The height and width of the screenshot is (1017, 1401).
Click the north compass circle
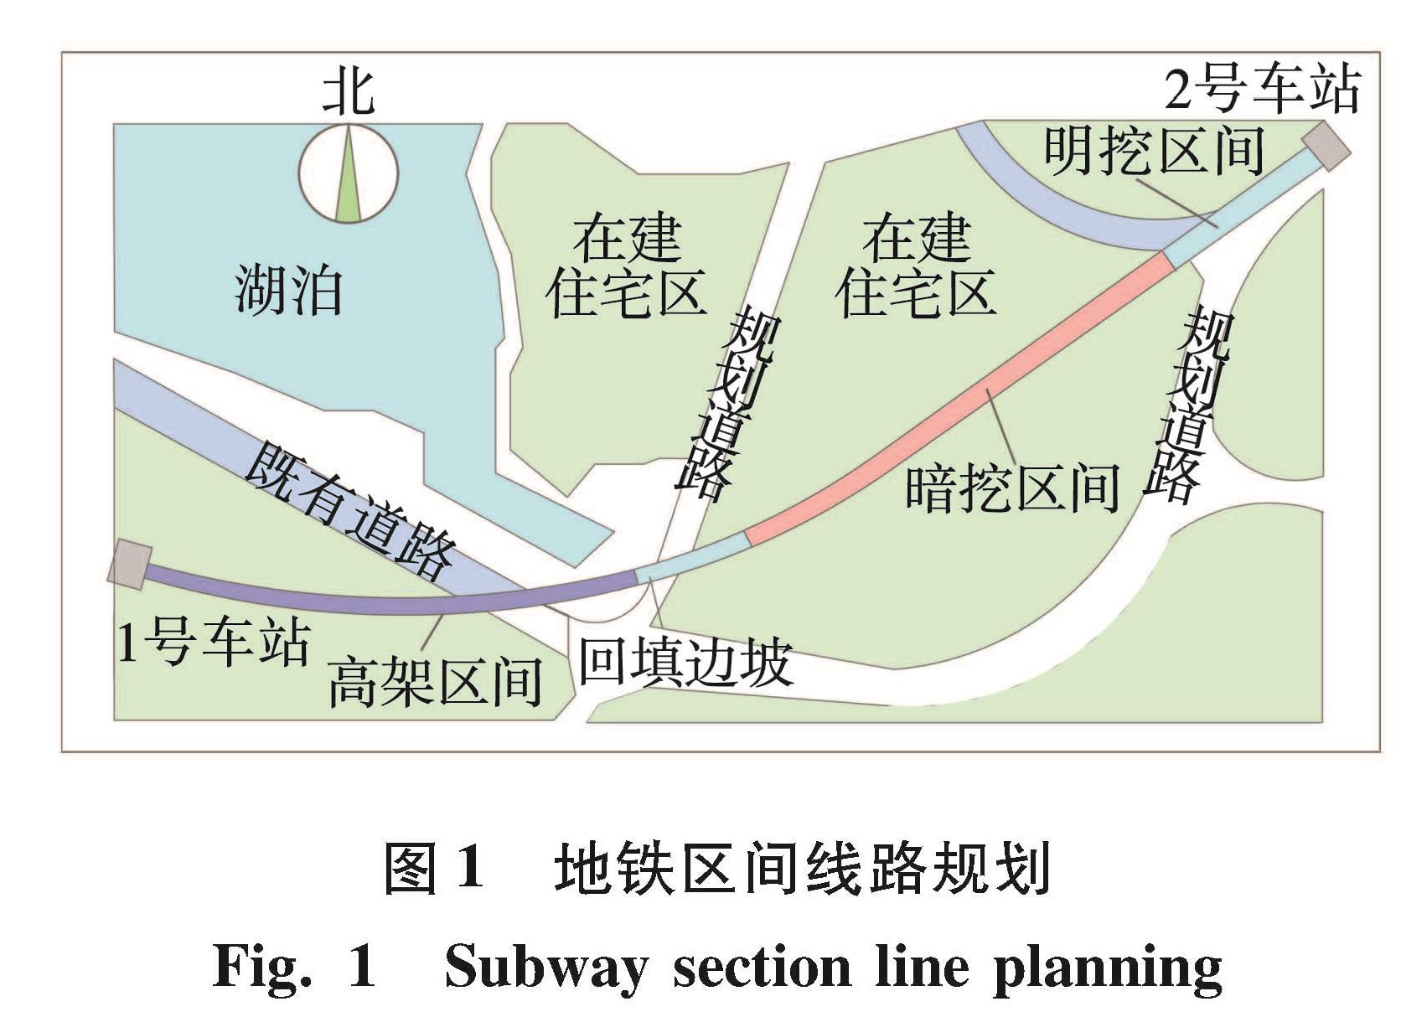click(349, 173)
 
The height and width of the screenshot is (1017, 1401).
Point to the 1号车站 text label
click(214, 643)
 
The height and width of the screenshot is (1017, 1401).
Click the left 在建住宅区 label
click(626, 266)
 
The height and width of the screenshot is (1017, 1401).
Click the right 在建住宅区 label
click(916, 266)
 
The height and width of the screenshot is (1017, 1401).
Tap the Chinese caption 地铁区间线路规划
click(802, 869)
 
